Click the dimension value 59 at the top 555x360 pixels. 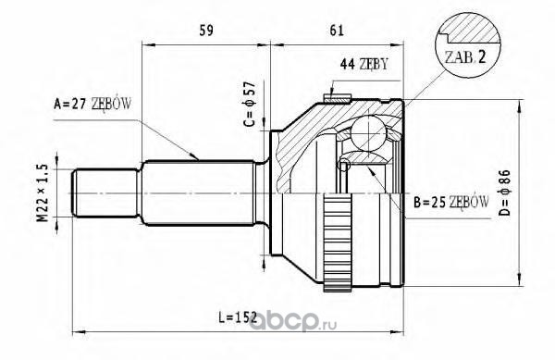click(x=206, y=31)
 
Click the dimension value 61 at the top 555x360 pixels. click(x=337, y=31)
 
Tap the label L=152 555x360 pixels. click(x=238, y=317)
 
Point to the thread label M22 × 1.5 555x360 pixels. click(x=43, y=192)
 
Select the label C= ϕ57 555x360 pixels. click(x=250, y=104)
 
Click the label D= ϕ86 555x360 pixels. click(x=505, y=192)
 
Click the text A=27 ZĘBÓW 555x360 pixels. click(x=92, y=104)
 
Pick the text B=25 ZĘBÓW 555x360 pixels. click(x=451, y=203)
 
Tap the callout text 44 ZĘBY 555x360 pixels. click(x=364, y=65)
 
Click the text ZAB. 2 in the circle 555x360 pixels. click(x=465, y=57)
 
